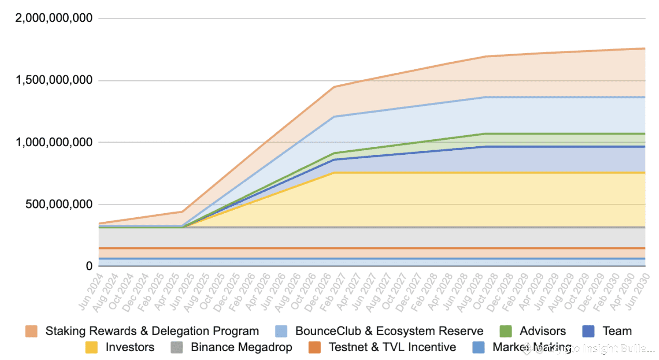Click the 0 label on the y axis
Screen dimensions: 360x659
click(x=89, y=266)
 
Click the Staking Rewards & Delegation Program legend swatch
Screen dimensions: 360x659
click(x=31, y=331)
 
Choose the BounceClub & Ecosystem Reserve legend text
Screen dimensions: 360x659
click(x=389, y=331)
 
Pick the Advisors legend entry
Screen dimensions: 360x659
click(x=542, y=331)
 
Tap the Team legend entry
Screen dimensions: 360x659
click(x=617, y=331)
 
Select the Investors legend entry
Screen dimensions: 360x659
click(x=130, y=347)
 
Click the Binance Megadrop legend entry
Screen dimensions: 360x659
click(x=241, y=347)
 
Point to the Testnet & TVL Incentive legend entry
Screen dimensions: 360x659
click(x=392, y=347)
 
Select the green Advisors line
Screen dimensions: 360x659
click(x=554, y=133)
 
